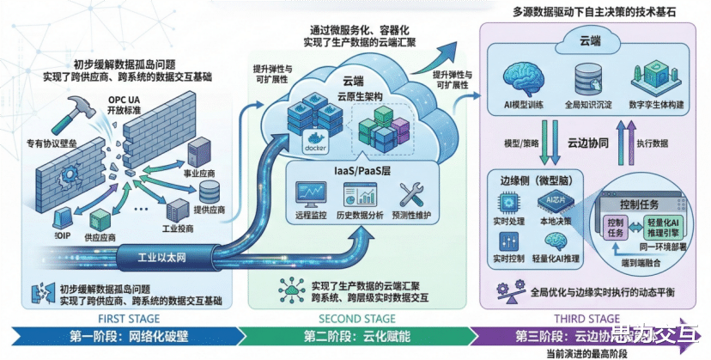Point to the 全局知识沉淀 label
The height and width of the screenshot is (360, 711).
[x=588, y=104]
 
